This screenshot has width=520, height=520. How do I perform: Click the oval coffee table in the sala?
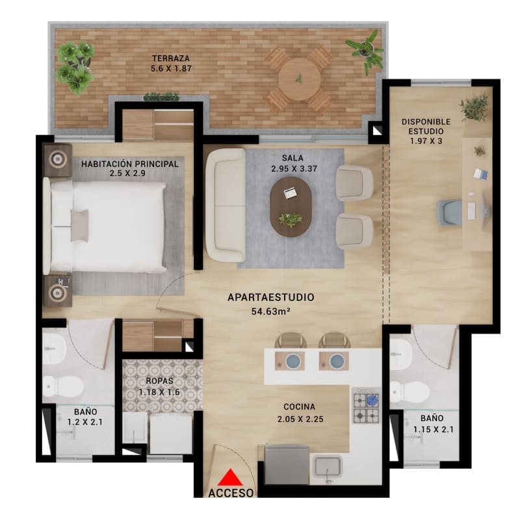[291, 207]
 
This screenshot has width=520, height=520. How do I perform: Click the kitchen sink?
[329, 466]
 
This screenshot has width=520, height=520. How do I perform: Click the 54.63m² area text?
[270, 311]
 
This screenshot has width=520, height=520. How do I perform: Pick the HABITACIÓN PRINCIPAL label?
[129, 164]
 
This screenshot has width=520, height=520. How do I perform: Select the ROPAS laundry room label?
[159, 381]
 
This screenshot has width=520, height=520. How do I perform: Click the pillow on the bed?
[79, 226]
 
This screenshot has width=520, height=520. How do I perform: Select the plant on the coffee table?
[291, 219]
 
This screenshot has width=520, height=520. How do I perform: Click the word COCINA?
[299, 407]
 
